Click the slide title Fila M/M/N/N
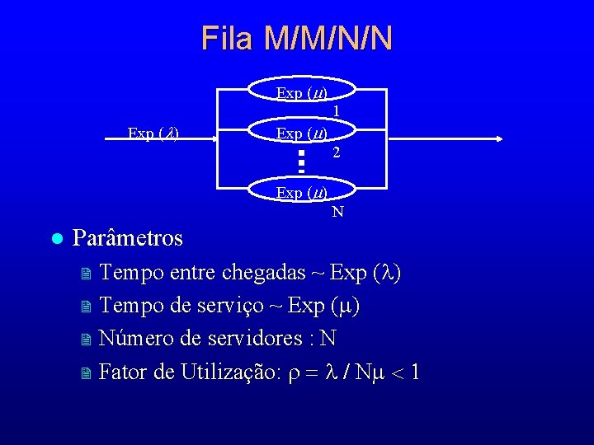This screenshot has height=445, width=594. [297, 39]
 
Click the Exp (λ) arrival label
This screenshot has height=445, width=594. [155, 133]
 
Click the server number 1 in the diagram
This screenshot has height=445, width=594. [337, 110]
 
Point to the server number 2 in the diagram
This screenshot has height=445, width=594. [337, 152]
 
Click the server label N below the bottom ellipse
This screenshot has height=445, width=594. [337, 213]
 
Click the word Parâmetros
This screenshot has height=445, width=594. [128, 239]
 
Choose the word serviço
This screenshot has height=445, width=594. [228, 306]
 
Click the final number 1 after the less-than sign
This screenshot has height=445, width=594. [415, 372]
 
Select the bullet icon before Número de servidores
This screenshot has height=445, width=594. [85, 340]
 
